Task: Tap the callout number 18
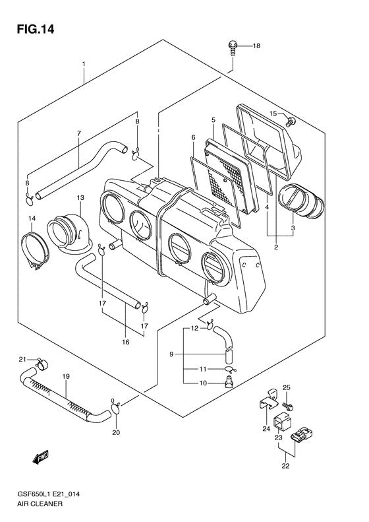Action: (x=256, y=46)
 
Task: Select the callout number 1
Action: (x=84, y=64)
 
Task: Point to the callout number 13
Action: (x=80, y=197)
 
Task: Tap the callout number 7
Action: (x=78, y=134)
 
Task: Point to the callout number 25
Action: (x=287, y=387)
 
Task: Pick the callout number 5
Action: (x=213, y=119)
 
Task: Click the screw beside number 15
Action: (x=291, y=120)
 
